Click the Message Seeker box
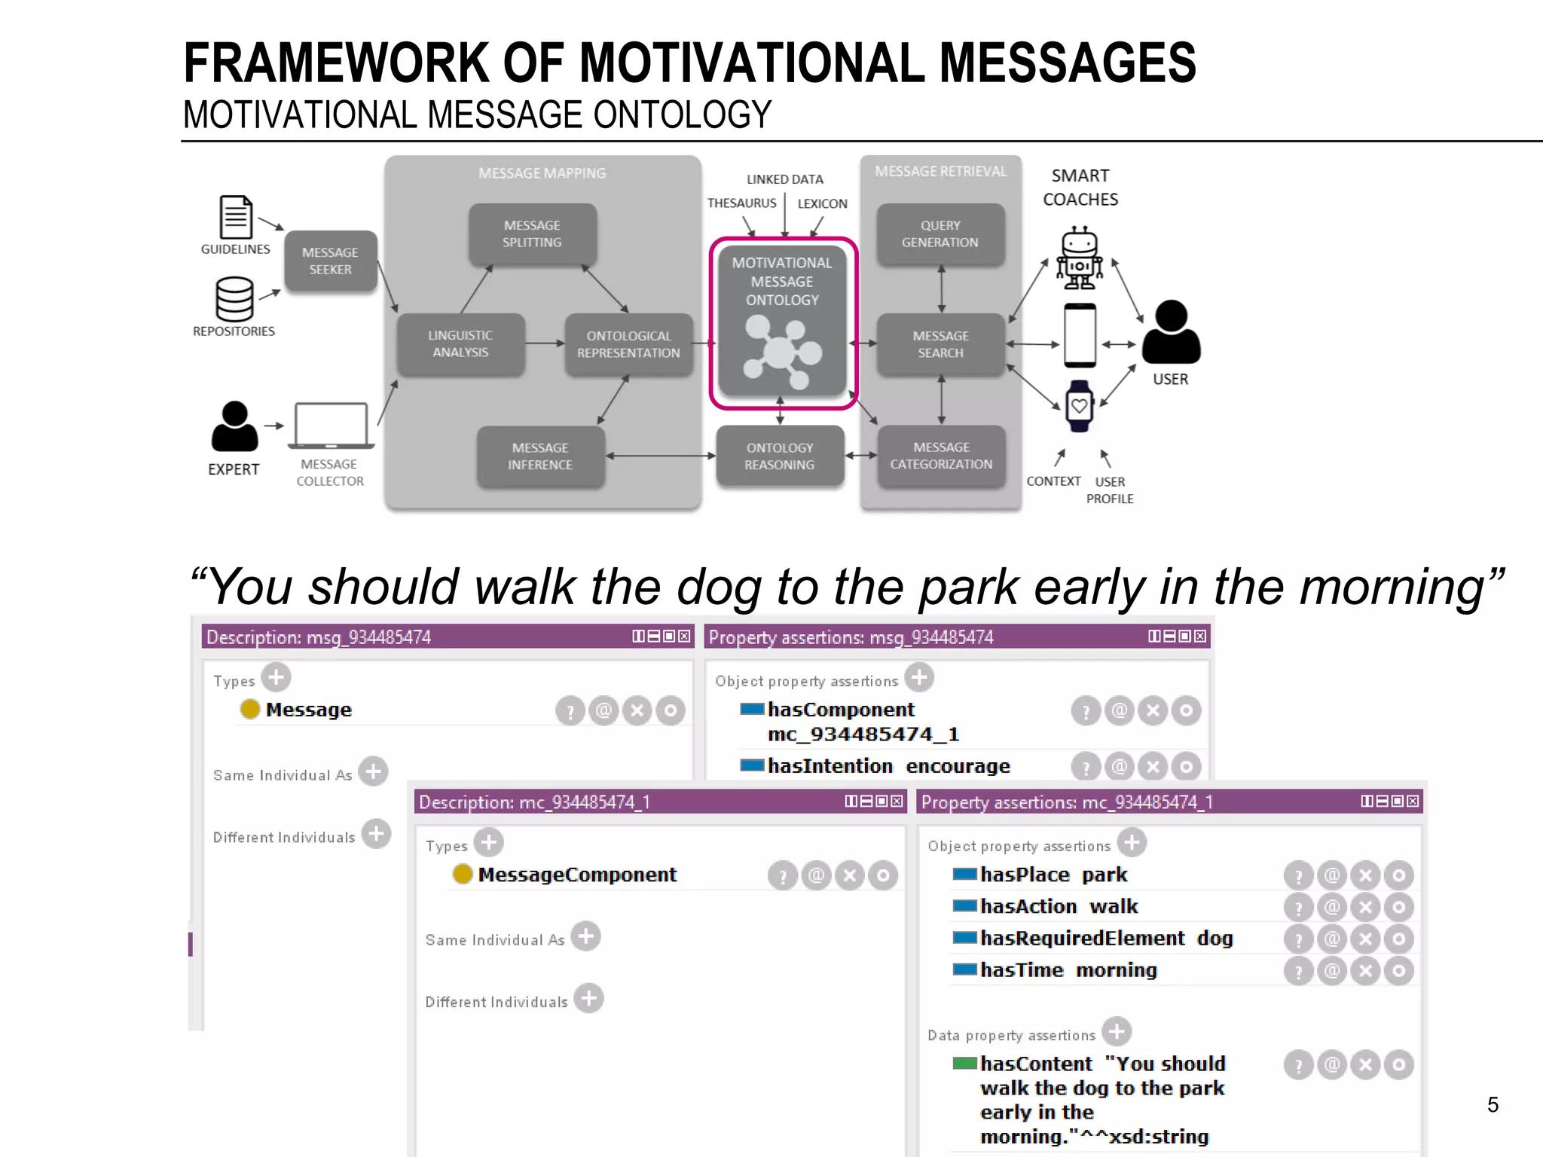coord(330,261)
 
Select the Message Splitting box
coord(532,234)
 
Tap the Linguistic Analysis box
coord(460,344)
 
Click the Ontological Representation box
coord(628,344)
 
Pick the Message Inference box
coord(540,456)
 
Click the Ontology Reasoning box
coord(780,456)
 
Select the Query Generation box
coord(940,234)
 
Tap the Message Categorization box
coord(941,456)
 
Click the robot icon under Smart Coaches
coord(1080,258)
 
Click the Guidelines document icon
coord(236,217)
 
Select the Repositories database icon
coord(234,299)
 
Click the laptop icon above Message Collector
coord(331,426)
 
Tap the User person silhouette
coord(1171,333)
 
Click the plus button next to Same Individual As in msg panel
coord(373,772)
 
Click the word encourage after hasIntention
coord(958,766)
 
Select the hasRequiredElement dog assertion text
coord(1106,939)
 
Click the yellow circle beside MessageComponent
coord(463,874)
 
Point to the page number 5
coord(1493,1105)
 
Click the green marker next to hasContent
coord(964,1064)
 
